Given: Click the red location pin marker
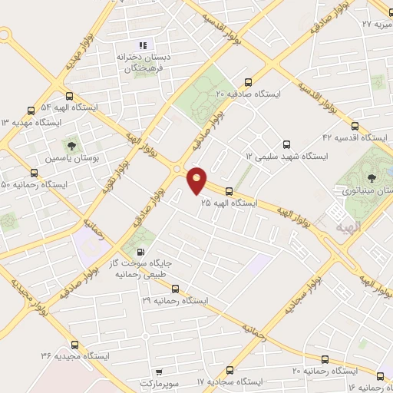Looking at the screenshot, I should [x=197, y=180].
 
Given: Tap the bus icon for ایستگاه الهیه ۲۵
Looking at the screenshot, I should [x=229, y=191].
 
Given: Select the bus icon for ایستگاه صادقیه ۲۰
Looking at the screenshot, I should [x=247, y=82].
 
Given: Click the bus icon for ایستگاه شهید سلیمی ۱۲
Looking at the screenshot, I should [x=287, y=144].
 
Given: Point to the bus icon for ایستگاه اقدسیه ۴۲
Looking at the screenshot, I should [x=354, y=126].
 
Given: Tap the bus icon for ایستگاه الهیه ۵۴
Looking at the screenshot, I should [x=70, y=97].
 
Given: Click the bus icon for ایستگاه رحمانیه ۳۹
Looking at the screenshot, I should [x=175, y=289].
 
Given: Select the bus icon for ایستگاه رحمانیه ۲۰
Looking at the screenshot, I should [x=325, y=359].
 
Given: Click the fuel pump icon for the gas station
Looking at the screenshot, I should [x=140, y=252].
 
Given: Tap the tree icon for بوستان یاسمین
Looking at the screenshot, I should [x=71, y=144].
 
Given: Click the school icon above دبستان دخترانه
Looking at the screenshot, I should [x=143, y=45].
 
